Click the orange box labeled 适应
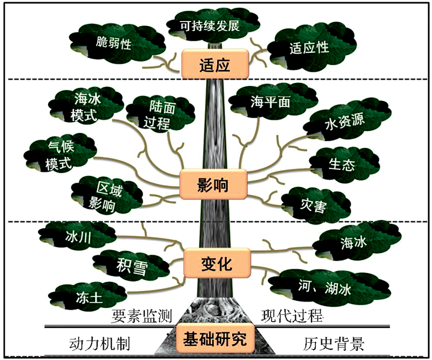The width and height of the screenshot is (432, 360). [x=215, y=64]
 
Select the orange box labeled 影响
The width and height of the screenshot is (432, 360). [x=213, y=184]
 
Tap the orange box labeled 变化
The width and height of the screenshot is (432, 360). [x=217, y=263]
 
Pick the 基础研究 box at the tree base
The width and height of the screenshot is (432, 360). [x=215, y=338]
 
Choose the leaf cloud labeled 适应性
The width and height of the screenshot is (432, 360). [x=312, y=47]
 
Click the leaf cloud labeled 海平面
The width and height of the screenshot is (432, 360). [x=273, y=101]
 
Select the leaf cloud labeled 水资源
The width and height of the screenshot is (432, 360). [x=347, y=120]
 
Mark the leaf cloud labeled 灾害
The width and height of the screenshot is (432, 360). [x=315, y=205]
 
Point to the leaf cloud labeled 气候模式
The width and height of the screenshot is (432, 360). [x=60, y=155]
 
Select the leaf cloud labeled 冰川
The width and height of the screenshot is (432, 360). [x=78, y=236]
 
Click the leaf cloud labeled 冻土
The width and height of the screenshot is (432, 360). [x=87, y=297]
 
